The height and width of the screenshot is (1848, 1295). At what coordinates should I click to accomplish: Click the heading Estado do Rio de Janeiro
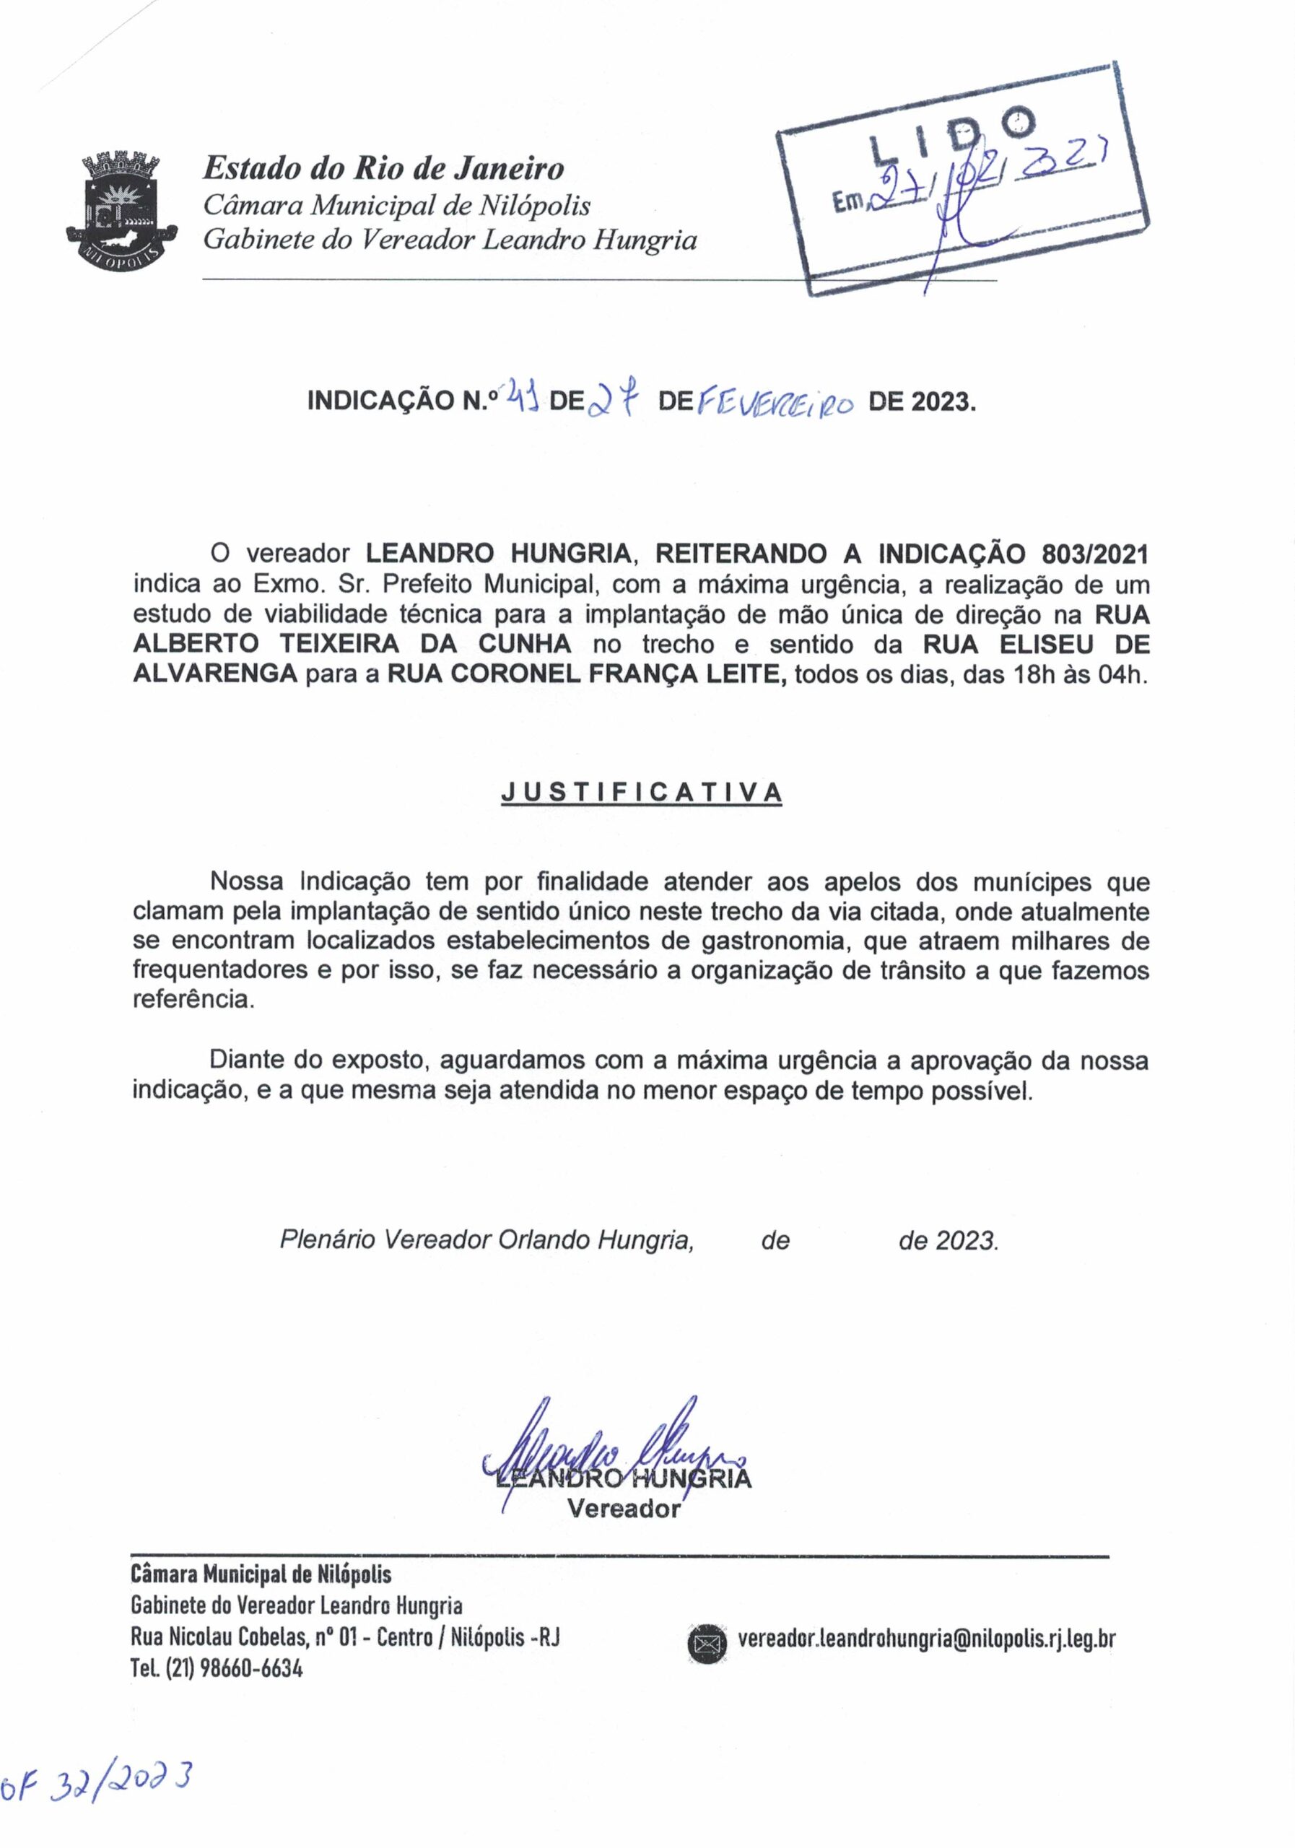383,168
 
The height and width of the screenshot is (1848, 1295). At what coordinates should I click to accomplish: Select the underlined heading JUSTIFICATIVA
642,793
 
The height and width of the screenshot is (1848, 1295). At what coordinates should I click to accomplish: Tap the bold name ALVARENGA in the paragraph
215,674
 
